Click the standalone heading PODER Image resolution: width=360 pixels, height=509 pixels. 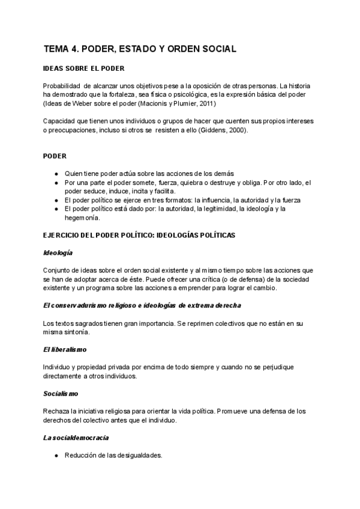[x=55, y=156]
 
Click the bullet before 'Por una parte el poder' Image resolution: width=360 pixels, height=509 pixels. [x=55, y=182]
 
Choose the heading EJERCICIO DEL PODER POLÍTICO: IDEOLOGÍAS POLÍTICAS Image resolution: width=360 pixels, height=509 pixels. [x=139, y=235]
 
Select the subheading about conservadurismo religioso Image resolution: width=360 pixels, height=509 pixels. [x=142, y=306]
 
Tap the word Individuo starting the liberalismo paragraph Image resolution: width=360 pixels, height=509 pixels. [x=58, y=367]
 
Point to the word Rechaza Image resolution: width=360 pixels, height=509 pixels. [x=58, y=411]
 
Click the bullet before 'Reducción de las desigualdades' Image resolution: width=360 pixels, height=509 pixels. [x=55, y=456]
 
